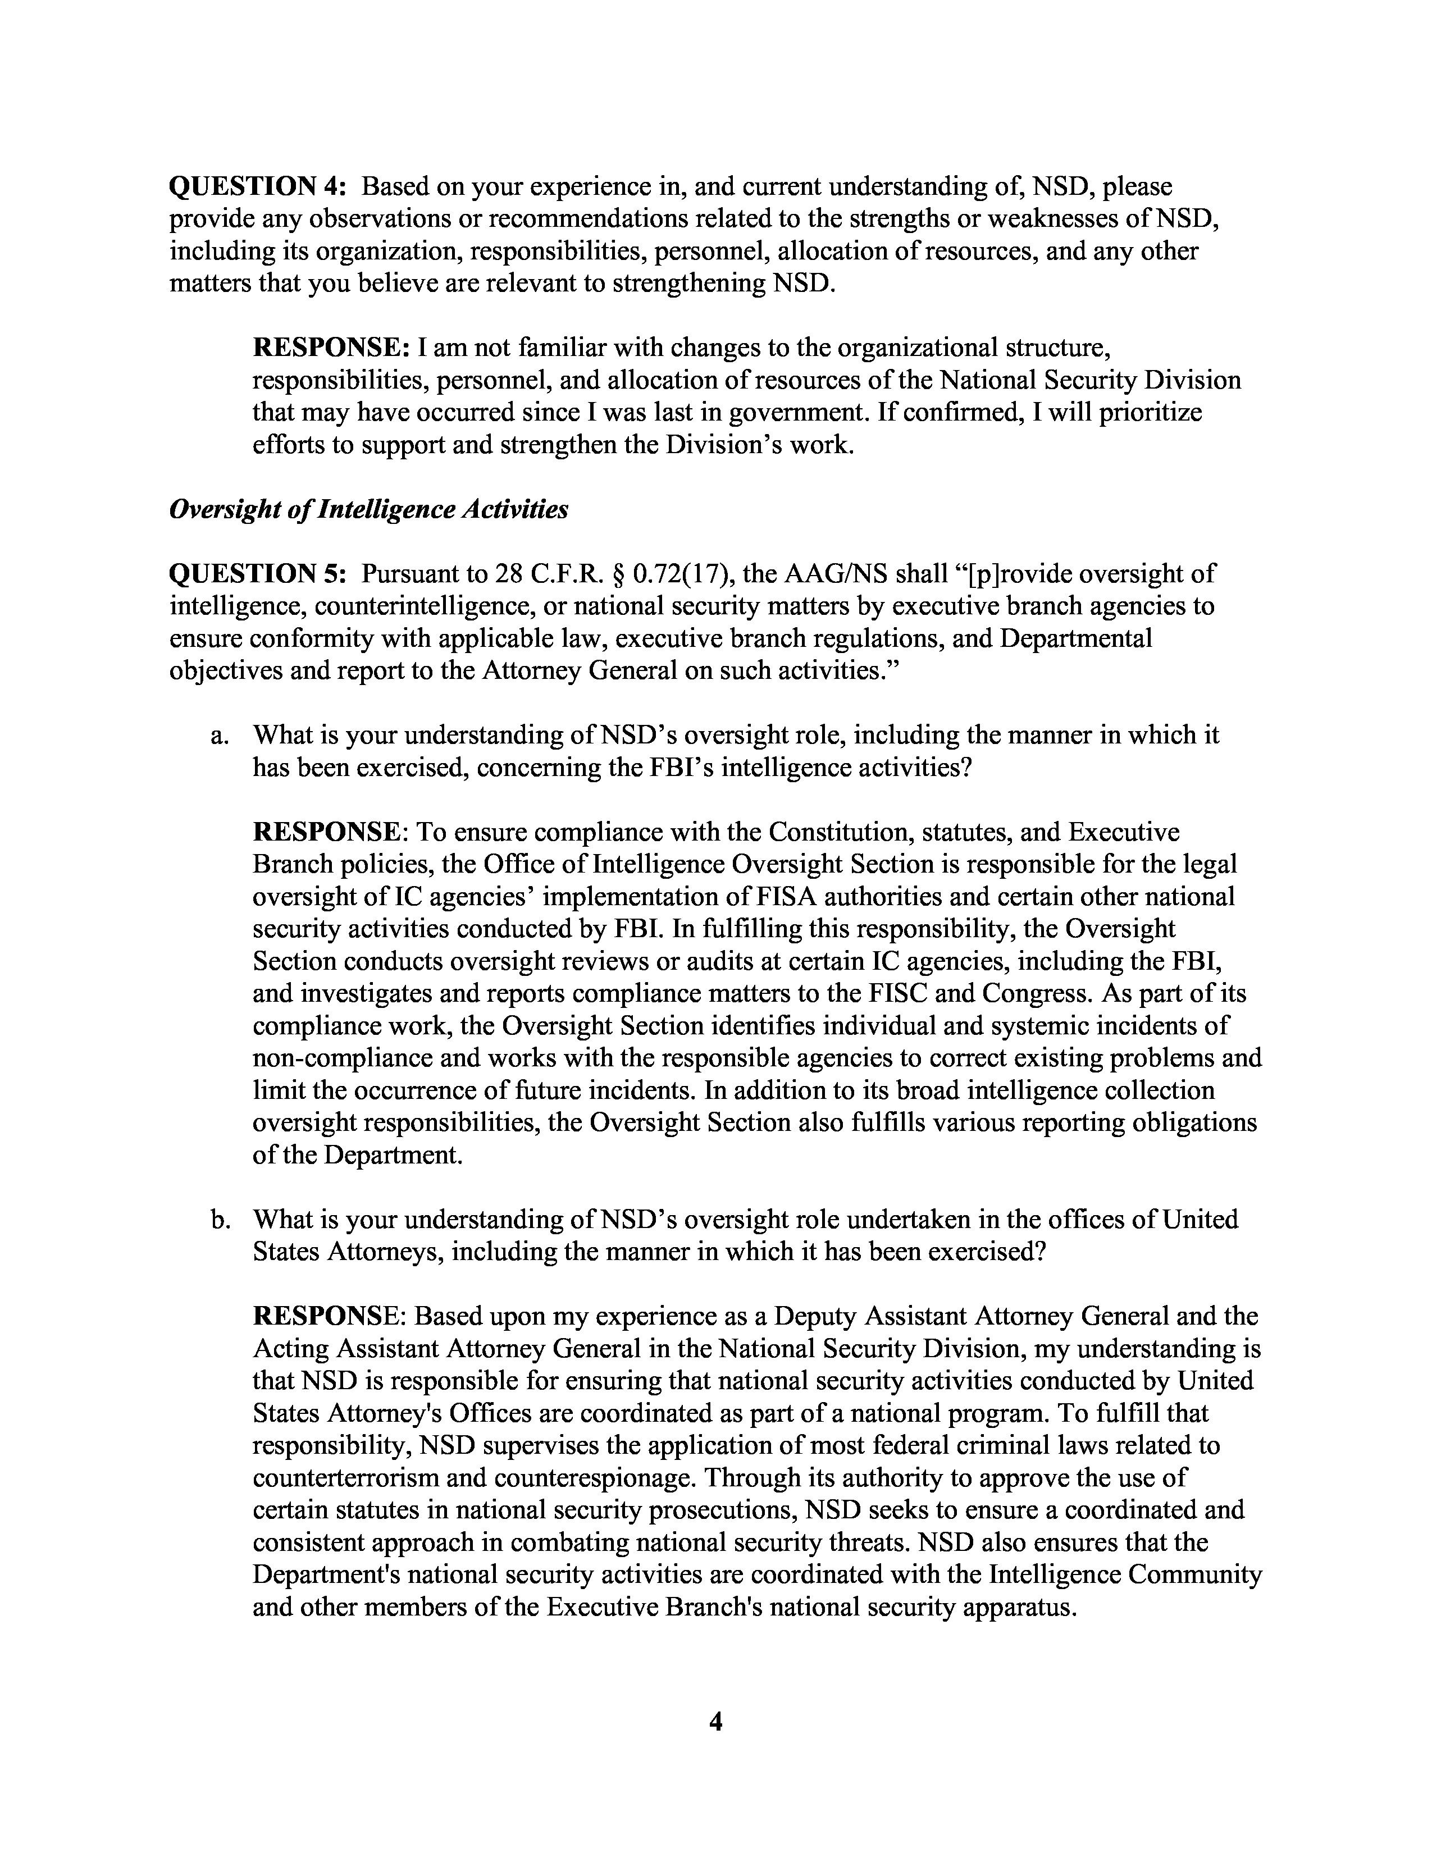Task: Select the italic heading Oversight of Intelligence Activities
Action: point(368,509)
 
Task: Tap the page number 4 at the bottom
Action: point(715,1722)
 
